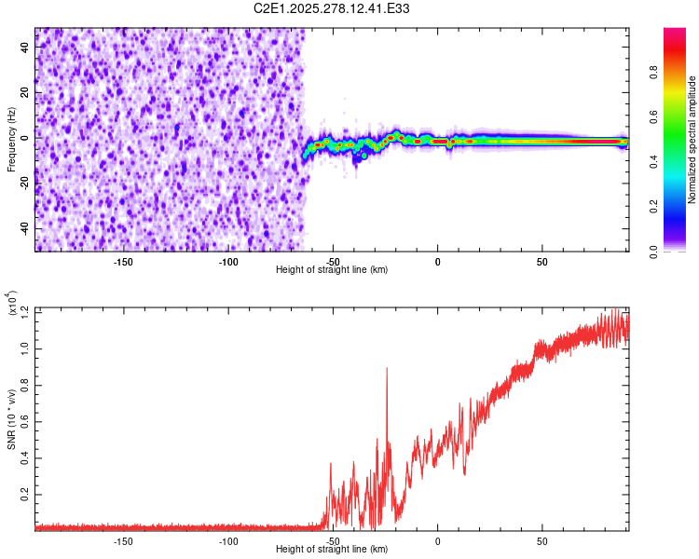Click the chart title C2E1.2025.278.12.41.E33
click(332, 8)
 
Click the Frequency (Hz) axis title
click(11, 139)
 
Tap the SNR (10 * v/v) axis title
click(11, 418)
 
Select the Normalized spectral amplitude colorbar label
click(692, 140)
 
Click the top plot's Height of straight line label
click(332, 269)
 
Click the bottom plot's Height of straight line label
click(332, 549)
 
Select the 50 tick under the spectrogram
click(541, 261)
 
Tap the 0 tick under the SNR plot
click(437, 540)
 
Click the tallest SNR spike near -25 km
click(387, 369)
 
